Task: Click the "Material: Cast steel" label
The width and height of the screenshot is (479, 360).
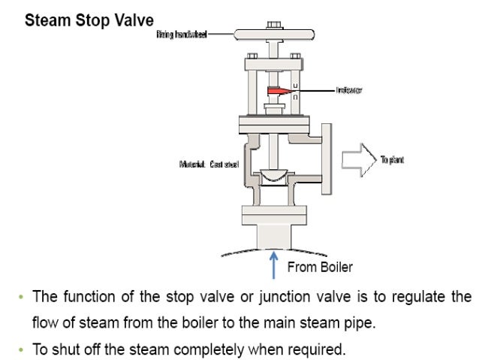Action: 209,165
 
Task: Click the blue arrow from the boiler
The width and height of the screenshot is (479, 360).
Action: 273,268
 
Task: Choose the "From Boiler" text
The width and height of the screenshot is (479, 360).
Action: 320,267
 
